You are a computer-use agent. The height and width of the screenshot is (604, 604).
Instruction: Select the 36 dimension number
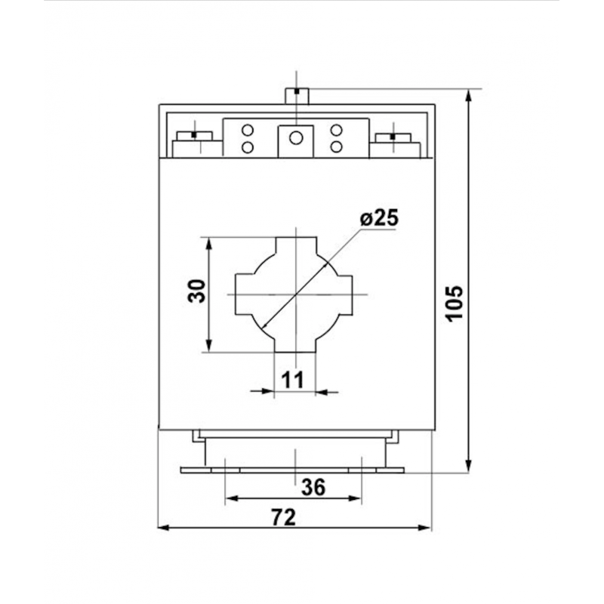(313, 488)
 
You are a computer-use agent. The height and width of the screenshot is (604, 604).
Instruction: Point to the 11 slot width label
(293, 380)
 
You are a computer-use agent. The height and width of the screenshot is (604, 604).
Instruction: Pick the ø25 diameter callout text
(379, 219)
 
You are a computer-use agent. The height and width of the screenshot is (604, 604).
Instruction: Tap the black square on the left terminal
(194, 135)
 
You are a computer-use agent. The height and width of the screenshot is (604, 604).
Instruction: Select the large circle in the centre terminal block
(296, 137)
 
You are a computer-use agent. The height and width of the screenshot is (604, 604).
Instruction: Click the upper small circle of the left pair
(247, 130)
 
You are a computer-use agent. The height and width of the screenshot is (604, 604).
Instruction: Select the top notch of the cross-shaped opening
(296, 247)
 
